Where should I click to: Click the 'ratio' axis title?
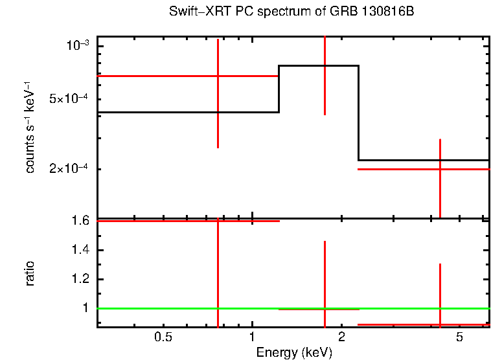click(30, 273)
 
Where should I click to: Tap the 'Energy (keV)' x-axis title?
click(294, 352)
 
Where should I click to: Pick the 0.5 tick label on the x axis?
click(163, 337)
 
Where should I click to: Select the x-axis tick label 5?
click(459, 337)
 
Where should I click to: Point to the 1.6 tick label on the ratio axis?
click(80, 221)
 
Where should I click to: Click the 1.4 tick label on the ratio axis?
click(80, 250)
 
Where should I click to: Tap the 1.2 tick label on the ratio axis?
click(80, 279)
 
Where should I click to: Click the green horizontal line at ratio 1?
click(162, 308)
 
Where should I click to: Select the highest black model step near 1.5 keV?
click(318, 65)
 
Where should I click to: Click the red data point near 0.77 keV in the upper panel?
click(218, 76)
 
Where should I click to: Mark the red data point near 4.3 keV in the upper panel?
click(440, 169)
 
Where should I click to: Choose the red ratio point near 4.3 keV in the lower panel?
click(440, 324)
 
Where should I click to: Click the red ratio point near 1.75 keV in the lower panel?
click(325, 309)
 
